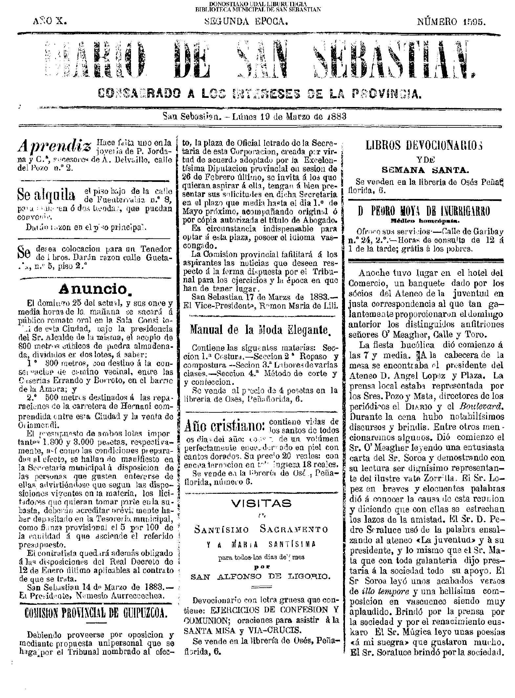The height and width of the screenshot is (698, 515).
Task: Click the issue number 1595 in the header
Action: pyautogui.click(x=475, y=22)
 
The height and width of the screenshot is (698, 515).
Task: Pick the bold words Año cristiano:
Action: pyautogui.click(x=225, y=427)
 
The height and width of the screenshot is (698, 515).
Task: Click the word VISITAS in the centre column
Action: pyautogui.click(x=261, y=503)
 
